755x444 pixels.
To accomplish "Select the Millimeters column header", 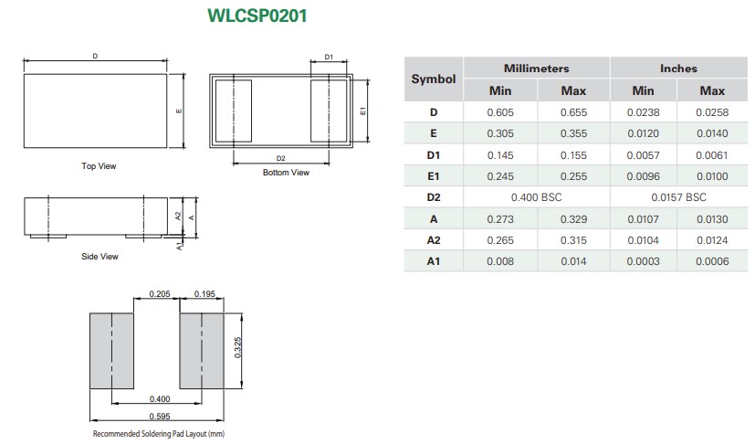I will pos(536,69).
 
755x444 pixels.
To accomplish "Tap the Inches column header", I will pos(677,69).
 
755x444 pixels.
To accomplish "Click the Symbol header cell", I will pos(433,79).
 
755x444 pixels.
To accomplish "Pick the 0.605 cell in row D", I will pos(499,112).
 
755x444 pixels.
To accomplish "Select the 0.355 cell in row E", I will pos(572,133).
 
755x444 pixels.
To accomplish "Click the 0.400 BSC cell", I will pos(536,197).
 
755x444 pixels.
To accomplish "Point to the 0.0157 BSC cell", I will pos(677,197).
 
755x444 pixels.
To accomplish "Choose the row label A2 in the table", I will pos(433,240).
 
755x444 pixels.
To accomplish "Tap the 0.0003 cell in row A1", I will pos(643,262).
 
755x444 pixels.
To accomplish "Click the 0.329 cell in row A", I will pos(572,219).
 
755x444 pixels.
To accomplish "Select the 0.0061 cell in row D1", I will pos(712,155).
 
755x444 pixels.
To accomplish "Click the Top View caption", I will pos(99,166).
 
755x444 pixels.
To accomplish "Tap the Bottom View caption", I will pos(286,173).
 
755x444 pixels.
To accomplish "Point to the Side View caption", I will pos(100,257).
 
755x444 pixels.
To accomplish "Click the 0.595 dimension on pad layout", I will pos(158,417).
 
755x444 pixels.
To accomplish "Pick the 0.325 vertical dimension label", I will pos(237,347).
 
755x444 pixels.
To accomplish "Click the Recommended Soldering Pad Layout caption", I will pos(158,434).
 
